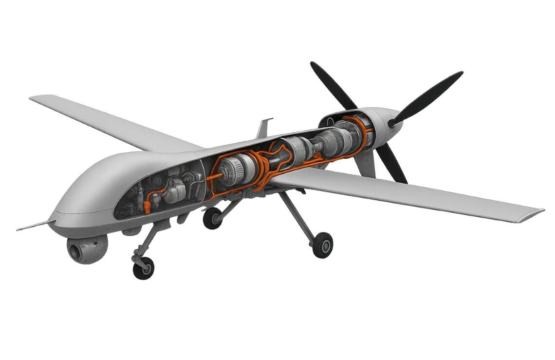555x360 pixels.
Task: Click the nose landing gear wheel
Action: tap(143, 268)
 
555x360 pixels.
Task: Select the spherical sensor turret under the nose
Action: tap(88, 248)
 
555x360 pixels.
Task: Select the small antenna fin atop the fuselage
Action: tap(262, 128)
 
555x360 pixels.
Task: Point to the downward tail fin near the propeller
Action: tap(366, 163)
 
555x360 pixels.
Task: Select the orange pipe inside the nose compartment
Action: tap(150, 200)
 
